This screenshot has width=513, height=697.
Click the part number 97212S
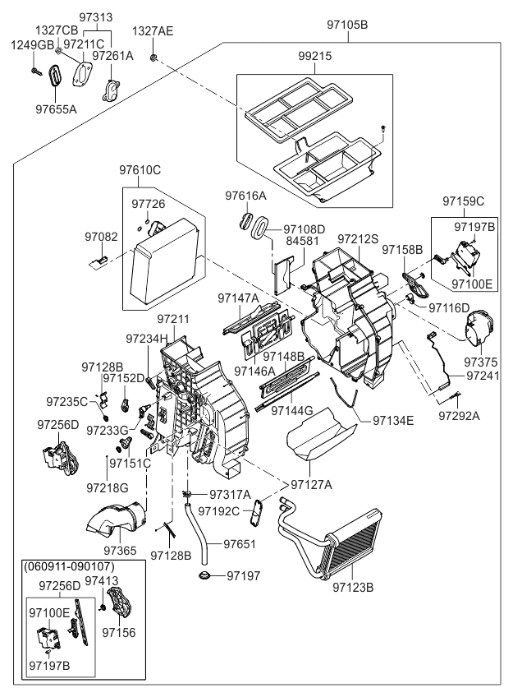click(358, 238)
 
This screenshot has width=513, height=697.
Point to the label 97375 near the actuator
click(480, 362)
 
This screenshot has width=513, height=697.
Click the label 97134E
click(393, 420)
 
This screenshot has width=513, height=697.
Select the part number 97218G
click(108, 487)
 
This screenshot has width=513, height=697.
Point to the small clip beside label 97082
click(98, 261)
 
